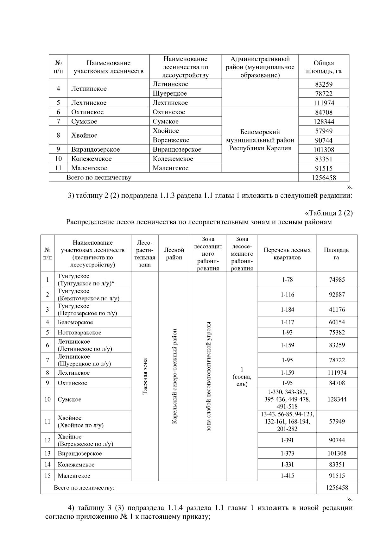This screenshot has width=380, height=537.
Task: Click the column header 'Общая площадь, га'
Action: pos(323,67)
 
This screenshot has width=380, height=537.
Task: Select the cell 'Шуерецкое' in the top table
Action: pos(170,93)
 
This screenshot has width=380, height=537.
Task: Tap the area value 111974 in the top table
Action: pos(324,103)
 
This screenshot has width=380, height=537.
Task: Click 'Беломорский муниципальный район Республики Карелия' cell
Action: pos(260,140)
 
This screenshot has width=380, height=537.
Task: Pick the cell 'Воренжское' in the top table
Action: pos(171,140)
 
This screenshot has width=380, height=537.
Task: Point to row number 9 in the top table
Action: pos(58,149)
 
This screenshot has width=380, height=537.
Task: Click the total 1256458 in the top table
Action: pos(324,178)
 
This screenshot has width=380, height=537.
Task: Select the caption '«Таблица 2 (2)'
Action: pos(328,213)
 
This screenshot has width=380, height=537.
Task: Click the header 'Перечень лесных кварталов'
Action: pos(287,253)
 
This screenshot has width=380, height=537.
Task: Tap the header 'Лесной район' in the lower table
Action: pos(174,253)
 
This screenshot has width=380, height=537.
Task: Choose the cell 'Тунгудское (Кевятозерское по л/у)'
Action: pos(88,295)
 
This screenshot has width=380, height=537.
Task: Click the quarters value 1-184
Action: pos(287,309)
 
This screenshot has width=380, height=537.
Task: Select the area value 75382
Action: pos(337,332)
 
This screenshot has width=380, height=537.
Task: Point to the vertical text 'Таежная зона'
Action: pos(145,376)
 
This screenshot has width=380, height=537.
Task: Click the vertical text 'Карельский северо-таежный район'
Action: pos(174,376)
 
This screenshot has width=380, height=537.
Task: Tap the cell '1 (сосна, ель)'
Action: pos(242,377)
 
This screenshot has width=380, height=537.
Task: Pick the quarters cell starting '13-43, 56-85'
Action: pos(287,421)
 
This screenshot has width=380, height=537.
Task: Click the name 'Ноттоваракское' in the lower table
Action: pos(79,332)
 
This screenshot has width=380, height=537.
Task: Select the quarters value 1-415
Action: pos(287,476)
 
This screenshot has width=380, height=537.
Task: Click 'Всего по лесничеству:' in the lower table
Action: pos(84,488)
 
